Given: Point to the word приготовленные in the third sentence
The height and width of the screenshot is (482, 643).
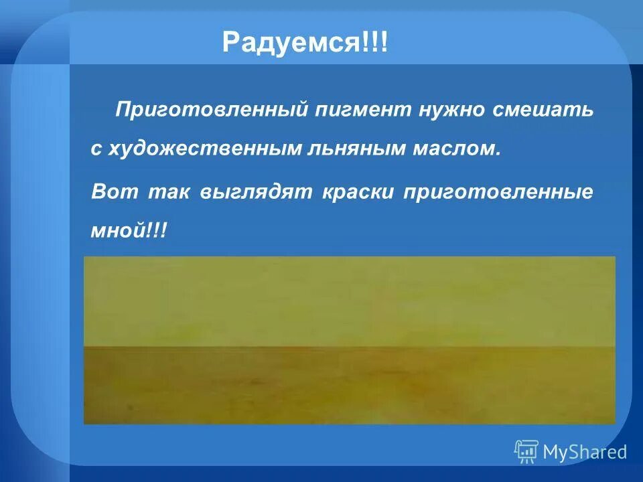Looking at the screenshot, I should pyautogui.click(x=498, y=191).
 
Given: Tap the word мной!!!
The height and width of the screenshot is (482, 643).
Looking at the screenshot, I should pyautogui.click(x=129, y=231).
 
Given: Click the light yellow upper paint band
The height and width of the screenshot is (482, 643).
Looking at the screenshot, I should pyautogui.click(x=348, y=301).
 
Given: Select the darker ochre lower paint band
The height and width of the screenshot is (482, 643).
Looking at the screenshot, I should pyautogui.click(x=348, y=388).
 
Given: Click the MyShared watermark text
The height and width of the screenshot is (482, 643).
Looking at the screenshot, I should pyautogui.click(x=585, y=453).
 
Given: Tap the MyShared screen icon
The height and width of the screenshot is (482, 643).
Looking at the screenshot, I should pyautogui.click(x=526, y=452).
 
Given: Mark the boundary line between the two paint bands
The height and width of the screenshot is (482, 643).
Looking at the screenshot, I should pyautogui.click(x=348, y=347).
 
